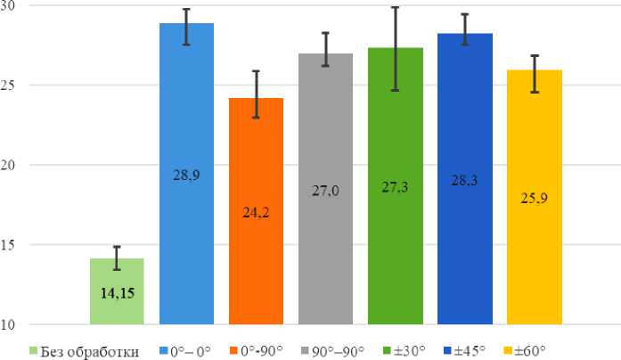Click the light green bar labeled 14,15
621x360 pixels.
point(117,290)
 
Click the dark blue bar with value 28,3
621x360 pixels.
point(464,178)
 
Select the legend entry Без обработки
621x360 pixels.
point(85,350)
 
